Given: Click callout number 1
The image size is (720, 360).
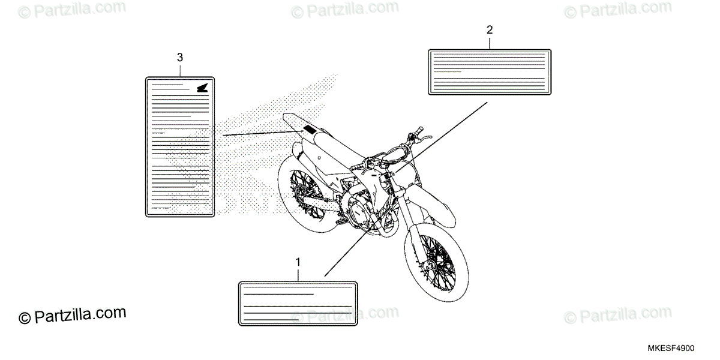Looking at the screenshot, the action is tap(298, 262).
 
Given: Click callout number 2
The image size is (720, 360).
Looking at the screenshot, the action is tap(490, 29).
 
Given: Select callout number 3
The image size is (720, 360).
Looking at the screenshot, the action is tap(180, 57).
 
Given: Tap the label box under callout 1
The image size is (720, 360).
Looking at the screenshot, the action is tap(298, 303).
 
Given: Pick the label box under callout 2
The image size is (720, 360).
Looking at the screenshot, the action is tap(490, 72).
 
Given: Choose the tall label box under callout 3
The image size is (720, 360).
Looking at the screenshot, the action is tap(180, 146).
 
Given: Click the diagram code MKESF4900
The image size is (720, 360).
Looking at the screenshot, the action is tap(670, 349).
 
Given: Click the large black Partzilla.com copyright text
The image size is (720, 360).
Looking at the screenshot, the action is tap(73, 316).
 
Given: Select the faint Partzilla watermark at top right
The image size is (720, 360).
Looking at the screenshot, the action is tap(618, 9).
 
